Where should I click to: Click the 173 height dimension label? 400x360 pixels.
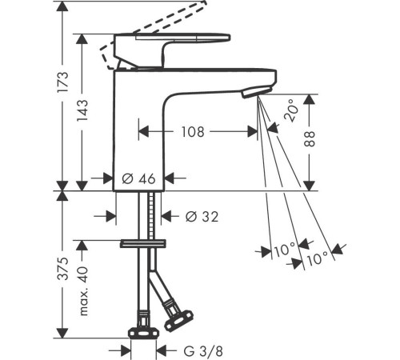pyautogui.click(x=63, y=82)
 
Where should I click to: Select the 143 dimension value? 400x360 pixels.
pyautogui.click(x=82, y=110)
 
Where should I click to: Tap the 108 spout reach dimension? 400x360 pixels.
pyautogui.click(x=193, y=132)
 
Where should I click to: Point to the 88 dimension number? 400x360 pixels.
pyautogui.click(x=310, y=139)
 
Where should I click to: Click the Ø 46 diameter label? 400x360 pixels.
pyautogui.click(x=138, y=178)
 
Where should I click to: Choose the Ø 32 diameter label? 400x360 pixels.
pyautogui.click(x=202, y=216)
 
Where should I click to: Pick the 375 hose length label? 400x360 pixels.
pyautogui.click(x=63, y=269)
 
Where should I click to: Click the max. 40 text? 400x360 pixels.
pyautogui.click(x=83, y=291)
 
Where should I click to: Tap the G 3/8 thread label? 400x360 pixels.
pyautogui.click(x=203, y=351)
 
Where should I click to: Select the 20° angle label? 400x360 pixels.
pyautogui.click(x=290, y=110)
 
